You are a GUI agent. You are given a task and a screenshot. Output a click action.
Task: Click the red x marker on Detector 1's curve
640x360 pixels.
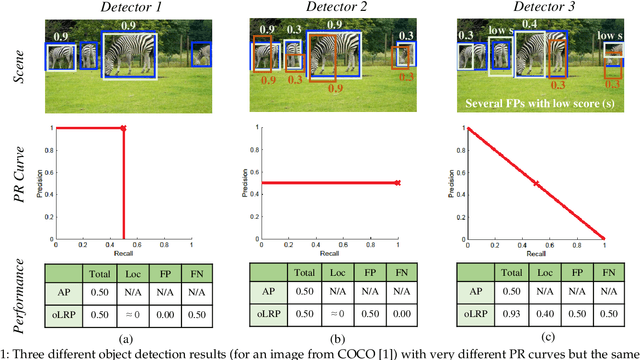point(123,128)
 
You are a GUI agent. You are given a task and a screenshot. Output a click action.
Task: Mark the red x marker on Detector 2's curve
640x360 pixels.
point(397,183)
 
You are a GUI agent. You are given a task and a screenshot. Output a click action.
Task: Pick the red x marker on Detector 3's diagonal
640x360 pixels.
point(535,183)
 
